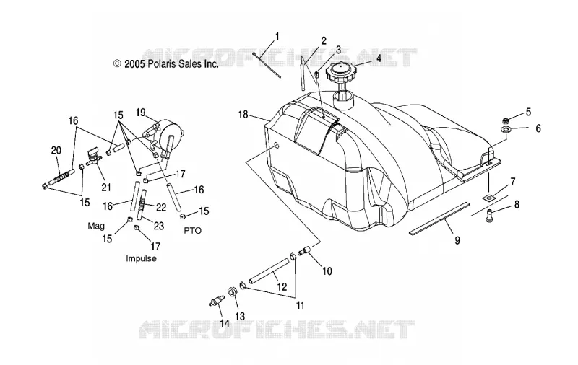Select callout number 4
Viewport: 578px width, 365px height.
click(378, 58)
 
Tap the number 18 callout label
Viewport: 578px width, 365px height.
click(243, 115)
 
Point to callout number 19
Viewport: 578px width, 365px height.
click(140, 113)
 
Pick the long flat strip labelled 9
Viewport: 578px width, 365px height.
click(439, 217)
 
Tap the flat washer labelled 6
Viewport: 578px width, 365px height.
click(505, 129)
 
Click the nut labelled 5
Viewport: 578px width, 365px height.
click(506, 120)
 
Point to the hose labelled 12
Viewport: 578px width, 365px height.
click(268, 271)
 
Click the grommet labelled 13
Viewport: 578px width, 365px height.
click(233, 291)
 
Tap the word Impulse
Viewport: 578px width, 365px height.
click(141, 258)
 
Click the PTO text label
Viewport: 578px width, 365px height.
click(192, 231)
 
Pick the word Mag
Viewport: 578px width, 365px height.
click(96, 226)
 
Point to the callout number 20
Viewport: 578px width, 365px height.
click(56, 151)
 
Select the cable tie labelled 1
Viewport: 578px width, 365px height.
click(267, 65)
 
